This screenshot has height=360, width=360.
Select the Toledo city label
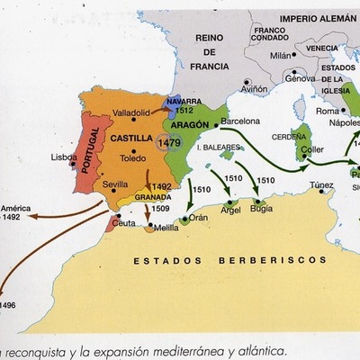pos(132,157)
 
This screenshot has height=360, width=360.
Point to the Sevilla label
pos(116,183)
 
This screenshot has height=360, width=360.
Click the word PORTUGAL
pos(91,152)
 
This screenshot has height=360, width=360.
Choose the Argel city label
pos(231,210)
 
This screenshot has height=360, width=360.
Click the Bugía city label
pos(261,208)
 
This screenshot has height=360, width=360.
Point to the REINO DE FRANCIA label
pos(206,53)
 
